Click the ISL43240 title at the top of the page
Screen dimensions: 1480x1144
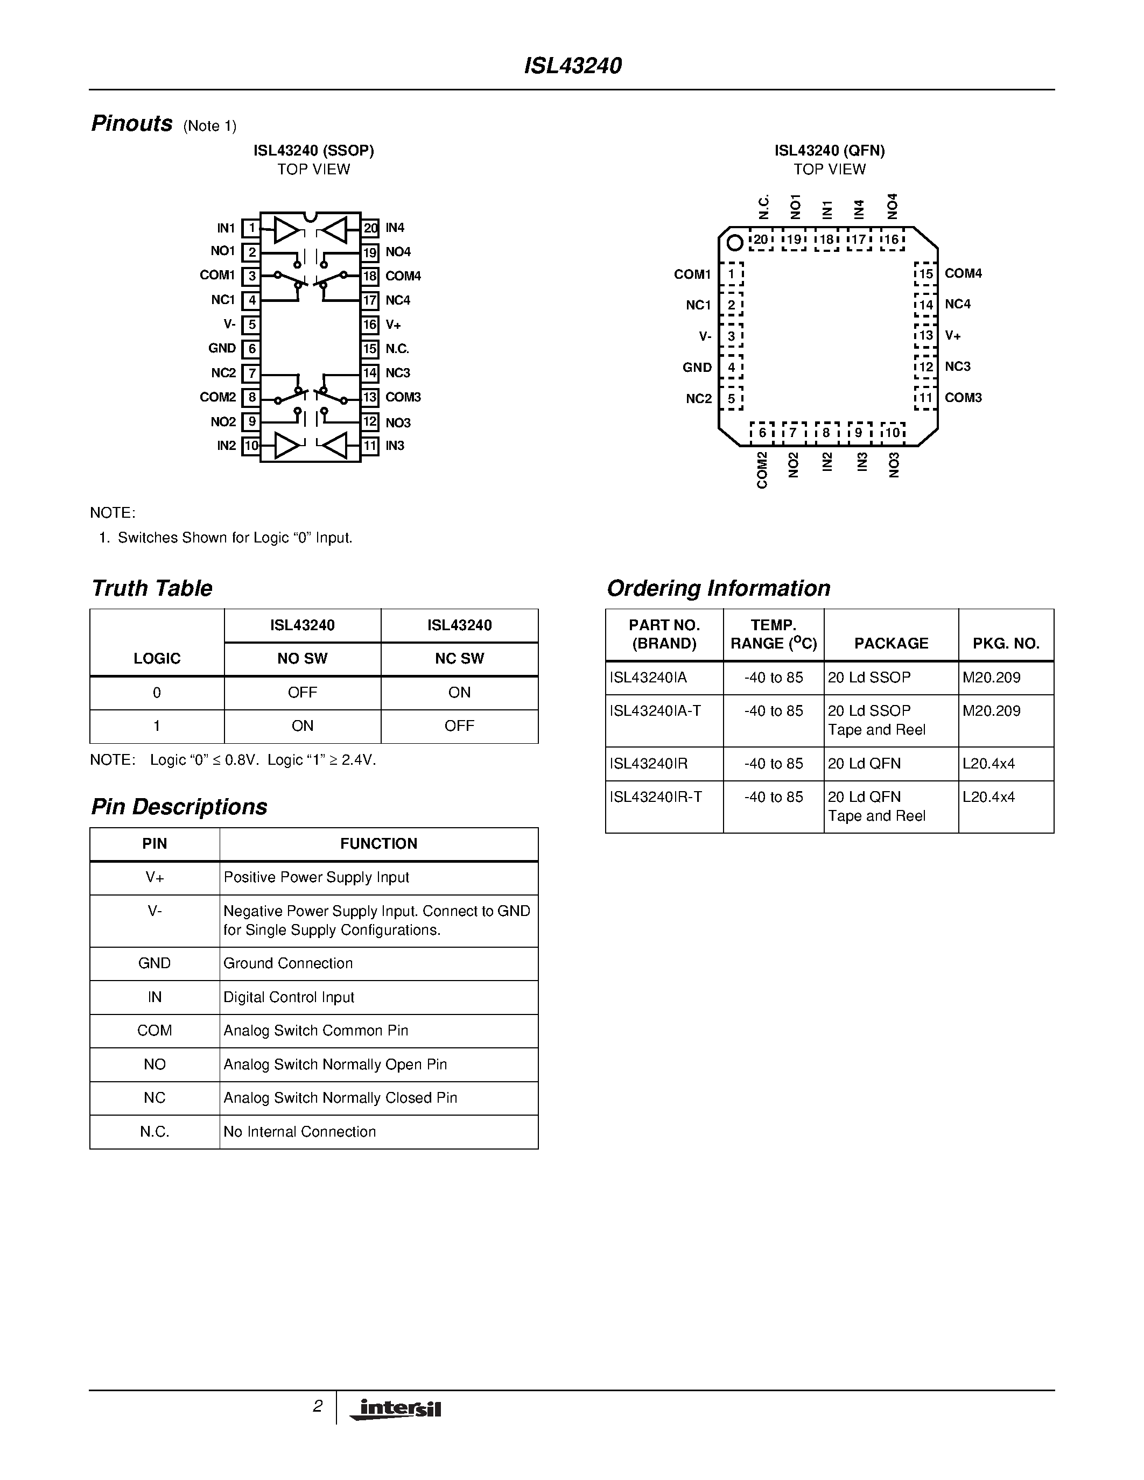[x=573, y=66]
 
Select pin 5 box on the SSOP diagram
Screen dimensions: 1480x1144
[x=251, y=325]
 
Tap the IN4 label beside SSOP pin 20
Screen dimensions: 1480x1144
[x=395, y=228]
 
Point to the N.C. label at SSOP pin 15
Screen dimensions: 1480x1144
[x=397, y=349]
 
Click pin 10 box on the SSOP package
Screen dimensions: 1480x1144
[x=251, y=446]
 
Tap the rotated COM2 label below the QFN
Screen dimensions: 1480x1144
[x=762, y=470]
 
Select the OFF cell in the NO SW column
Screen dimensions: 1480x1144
[x=302, y=693]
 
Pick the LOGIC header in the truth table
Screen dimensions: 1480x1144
[x=157, y=659]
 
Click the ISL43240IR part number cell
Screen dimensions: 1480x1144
[x=649, y=764]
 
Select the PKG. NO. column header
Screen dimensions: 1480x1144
[x=1006, y=644]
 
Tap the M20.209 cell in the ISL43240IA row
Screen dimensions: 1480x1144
[x=992, y=678]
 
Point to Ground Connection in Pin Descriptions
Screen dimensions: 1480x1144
[x=288, y=964]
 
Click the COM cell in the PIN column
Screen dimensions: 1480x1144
[x=155, y=1031]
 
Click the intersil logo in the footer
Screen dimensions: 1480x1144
[x=396, y=1409]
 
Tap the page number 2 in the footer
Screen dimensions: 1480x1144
[x=317, y=1406]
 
